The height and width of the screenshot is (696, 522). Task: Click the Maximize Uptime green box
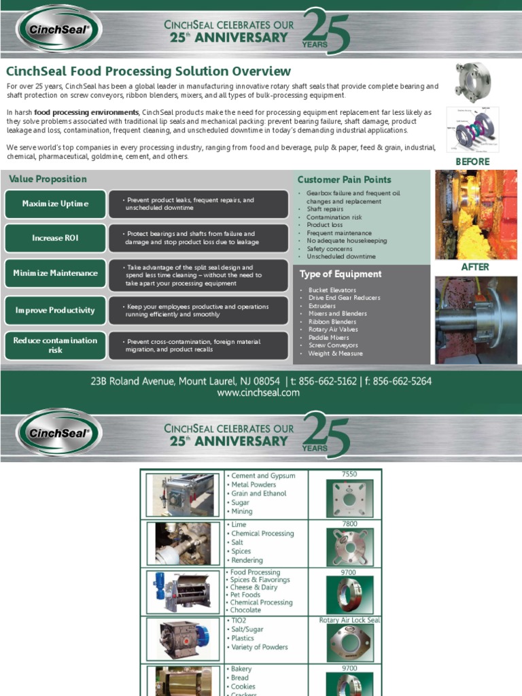[x=55, y=204]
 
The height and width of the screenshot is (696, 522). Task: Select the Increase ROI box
[x=55, y=238]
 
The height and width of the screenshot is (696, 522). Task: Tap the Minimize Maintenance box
[x=55, y=273]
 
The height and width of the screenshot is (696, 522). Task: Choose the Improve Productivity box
[x=55, y=311]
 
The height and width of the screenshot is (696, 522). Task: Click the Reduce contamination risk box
[x=55, y=345]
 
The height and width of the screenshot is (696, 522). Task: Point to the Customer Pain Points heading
[x=344, y=180]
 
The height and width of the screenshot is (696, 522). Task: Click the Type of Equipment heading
[x=341, y=275]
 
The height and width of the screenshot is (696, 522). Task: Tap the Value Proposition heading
[x=48, y=179]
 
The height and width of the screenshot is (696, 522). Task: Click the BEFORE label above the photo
[x=472, y=162]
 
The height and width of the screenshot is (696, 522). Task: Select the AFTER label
[x=475, y=267]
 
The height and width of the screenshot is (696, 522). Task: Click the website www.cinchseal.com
[x=258, y=393]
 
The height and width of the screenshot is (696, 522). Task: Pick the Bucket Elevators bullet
[x=332, y=290]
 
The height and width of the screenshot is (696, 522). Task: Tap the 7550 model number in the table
[x=349, y=474]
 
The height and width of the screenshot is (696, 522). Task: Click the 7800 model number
[x=349, y=524]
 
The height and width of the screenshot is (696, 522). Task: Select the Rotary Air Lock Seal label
[x=349, y=621]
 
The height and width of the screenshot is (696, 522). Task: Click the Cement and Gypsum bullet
[x=259, y=476]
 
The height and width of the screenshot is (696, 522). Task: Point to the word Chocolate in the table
[x=245, y=610]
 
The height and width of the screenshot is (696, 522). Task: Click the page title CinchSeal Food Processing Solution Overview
[x=148, y=71]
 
